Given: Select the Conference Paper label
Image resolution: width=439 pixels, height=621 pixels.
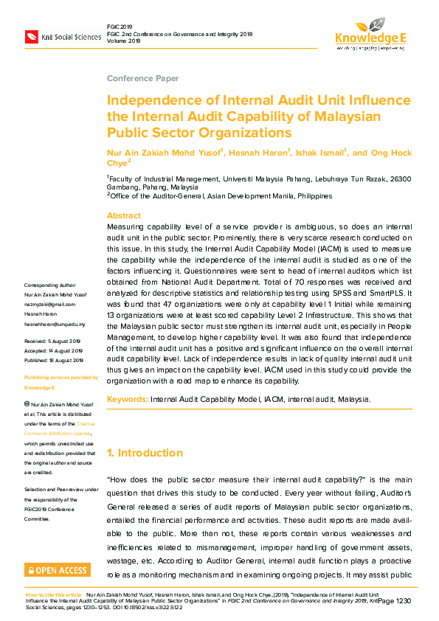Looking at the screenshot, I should pyautogui.click(x=142, y=79).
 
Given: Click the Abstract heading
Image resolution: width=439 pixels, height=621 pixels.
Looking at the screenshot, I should pyautogui.click(x=124, y=216).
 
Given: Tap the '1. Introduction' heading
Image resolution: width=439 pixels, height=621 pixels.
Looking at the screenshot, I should pyautogui.click(x=145, y=453).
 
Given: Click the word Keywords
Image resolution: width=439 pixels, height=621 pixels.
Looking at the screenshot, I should pyautogui.click(x=127, y=399).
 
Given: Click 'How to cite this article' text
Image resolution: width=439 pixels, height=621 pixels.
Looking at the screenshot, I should pyautogui.click(x=54, y=593).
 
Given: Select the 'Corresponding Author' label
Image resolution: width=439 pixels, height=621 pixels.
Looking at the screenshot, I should pyautogui.click(x=50, y=285).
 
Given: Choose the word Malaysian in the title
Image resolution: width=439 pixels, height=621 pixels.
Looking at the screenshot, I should pyautogui.click(x=348, y=117).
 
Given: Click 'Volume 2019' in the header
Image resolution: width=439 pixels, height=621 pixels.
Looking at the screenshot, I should pyautogui.click(x=123, y=41).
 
